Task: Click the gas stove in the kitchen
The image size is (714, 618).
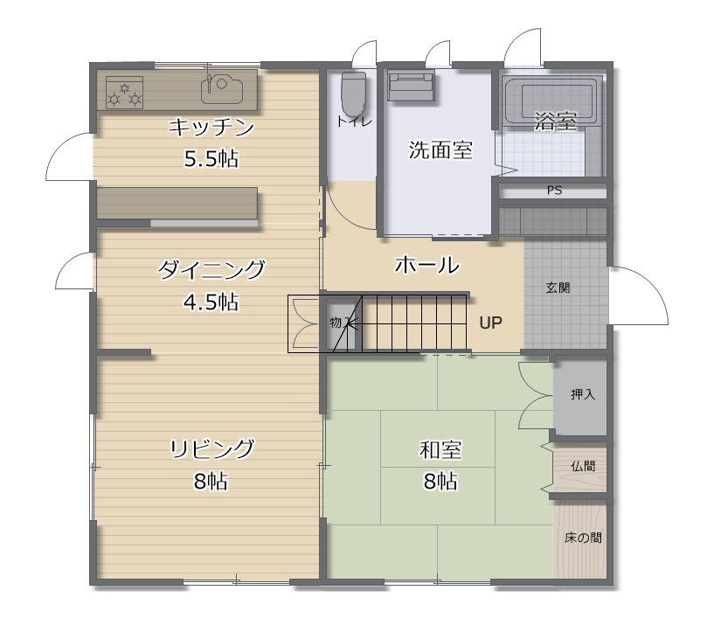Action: [124, 93]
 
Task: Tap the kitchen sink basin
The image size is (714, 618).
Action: [221, 88]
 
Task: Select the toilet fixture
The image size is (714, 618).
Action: [353, 94]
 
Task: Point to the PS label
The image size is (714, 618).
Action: [554, 191]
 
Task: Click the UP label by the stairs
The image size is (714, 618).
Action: [490, 323]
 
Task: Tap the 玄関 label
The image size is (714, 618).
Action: [558, 288]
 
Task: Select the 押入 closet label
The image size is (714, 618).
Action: [583, 394]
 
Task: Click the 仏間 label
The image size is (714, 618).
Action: [583, 467]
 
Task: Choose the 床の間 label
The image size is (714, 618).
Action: [583, 538]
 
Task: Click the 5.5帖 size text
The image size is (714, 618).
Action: [211, 159]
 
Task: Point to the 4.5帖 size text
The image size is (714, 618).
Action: [211, 302]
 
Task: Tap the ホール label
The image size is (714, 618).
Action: [426, 265]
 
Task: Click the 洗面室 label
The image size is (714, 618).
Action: [440, 149]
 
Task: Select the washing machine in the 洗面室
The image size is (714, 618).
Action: [410, 86]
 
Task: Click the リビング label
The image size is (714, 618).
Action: [211, 448]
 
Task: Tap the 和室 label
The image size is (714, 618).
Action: [440, 450]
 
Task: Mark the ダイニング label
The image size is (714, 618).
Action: [211, 269]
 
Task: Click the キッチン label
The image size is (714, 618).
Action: [211, 128]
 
